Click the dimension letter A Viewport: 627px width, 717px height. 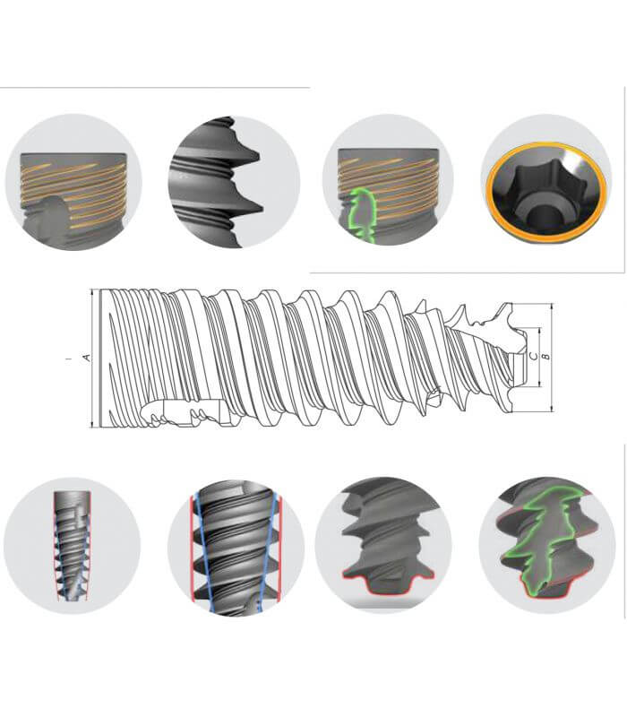click(x=86, y=358)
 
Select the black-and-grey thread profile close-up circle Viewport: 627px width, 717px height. click(x=234, y=182)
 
